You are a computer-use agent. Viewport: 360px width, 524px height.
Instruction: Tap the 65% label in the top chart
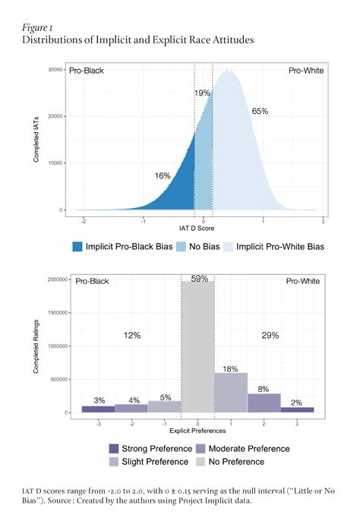[x=260, y=111]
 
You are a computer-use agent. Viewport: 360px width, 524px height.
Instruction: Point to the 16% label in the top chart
[x=162, y=175]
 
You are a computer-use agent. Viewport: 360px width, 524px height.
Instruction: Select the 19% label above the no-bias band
[x=203, y=93]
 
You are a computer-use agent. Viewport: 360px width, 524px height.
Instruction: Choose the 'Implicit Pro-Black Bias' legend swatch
[x=78, y=247]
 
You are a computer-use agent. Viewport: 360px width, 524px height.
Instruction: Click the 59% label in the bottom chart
[x=198, y=279]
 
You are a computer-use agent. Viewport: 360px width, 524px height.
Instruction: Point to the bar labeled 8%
[x=264, y=402]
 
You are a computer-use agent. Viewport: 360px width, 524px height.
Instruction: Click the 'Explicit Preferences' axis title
[x=197, y=430]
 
